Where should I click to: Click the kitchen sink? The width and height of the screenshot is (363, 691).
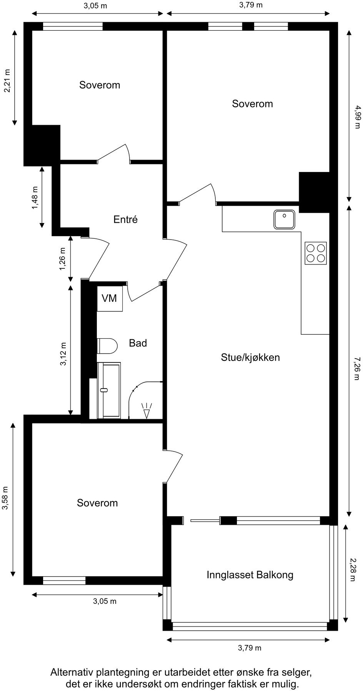click(x=285, y=219)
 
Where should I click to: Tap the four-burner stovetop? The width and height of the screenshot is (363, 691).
click(x=316, y=253)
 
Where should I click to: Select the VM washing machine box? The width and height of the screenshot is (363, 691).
click(x=110, y=298)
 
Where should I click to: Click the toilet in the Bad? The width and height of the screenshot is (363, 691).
click(x=107, y=345)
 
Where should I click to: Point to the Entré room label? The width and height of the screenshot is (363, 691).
click(x=125, y=219)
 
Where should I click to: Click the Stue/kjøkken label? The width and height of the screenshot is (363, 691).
click(x=250, y=357)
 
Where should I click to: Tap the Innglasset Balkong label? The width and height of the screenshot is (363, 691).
click(x=250, y=575)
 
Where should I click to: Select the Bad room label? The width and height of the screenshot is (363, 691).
click(x=138, y=343)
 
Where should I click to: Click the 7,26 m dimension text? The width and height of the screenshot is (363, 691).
click(x=356, y=369)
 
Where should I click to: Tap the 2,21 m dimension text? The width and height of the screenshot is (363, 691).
click(x=7, y=81)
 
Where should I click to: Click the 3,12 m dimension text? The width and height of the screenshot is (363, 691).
click(x=63, y=354)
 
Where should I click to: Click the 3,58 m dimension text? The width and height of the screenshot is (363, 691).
click(x=5, y=499)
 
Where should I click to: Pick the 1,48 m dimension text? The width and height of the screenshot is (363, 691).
click(x=35, y=198)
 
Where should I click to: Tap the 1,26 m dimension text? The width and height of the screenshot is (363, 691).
click(x=63, y=258)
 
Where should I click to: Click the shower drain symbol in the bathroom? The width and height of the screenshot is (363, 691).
click(x=147, y=410)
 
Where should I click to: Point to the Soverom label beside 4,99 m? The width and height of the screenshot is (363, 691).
click(x=252, y=104)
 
